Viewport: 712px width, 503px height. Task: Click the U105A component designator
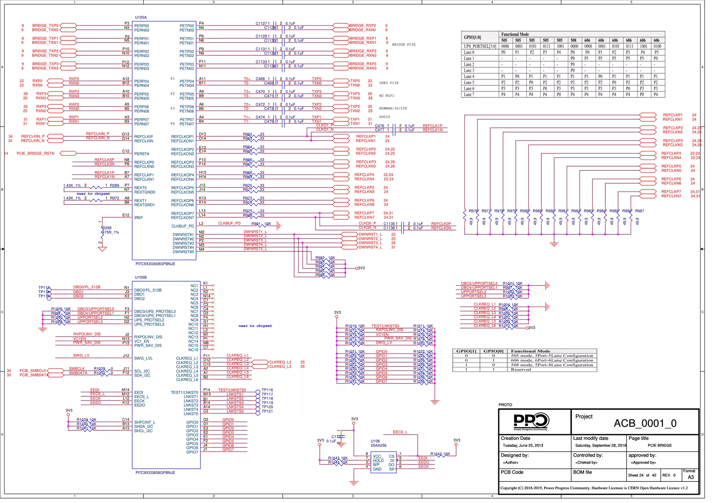coord(141,17)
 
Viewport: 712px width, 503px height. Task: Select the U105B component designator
coord(141,277)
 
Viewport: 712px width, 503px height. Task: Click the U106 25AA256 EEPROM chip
coord(383,463)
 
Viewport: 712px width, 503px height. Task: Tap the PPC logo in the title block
coord(531,421)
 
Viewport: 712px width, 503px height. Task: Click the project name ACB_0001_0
coord(645,423)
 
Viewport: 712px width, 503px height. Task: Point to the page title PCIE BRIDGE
coord(660,445)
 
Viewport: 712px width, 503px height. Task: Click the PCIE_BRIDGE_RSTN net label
coord(35,153)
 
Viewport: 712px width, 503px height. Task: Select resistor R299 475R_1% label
coord(110,230)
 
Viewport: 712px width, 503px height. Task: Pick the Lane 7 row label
coord(469,95)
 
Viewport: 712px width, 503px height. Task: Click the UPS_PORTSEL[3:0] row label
coord(480,46)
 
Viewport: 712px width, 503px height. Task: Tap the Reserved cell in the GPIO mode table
coord(520,370)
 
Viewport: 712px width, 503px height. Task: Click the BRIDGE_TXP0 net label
coord(45,26)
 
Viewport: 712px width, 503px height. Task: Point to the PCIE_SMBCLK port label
coord(33,371)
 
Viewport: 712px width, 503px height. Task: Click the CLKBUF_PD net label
coord(229,224)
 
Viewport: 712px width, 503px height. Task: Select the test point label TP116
coord(267,390)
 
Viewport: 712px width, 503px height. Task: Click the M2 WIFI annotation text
coord(387,96)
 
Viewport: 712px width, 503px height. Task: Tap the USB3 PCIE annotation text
coord(389,83)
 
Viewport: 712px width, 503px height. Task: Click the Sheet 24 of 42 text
coord(642,475)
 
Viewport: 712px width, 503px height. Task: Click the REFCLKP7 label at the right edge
coord(671,192)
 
